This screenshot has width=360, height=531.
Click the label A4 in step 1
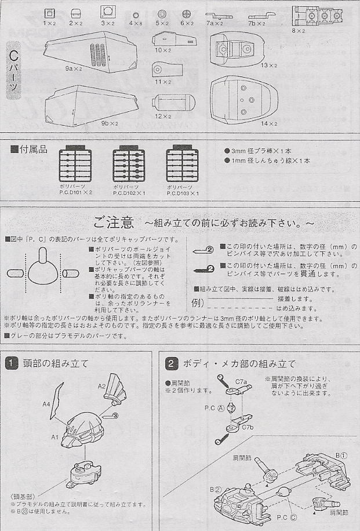click(46, 405)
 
